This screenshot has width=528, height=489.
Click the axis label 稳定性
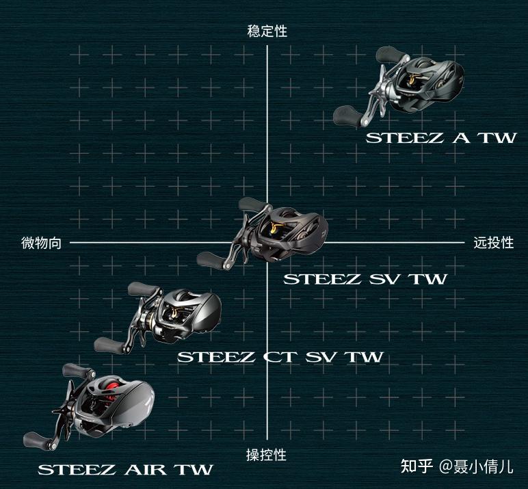point(267,31)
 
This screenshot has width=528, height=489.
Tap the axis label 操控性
point(266,455)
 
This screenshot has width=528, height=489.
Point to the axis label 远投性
point(493,243)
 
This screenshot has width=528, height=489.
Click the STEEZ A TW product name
point(440,137)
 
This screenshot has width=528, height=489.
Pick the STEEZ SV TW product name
point(365,279)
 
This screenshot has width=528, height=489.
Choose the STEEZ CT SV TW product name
point(280,357)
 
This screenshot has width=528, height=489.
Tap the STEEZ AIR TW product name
point(125,470)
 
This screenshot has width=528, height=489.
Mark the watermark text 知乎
point(416,467)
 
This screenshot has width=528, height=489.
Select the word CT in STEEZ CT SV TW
point(263,357)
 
